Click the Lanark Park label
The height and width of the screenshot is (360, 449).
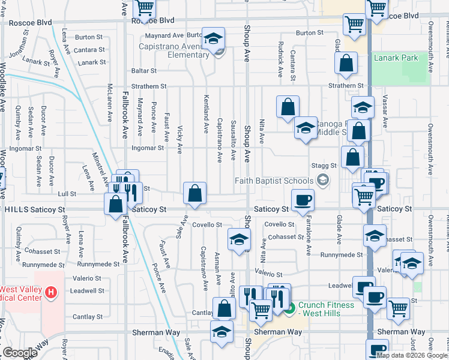point(395,58)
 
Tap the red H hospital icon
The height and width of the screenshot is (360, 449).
point(52,293)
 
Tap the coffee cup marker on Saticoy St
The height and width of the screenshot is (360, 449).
point(303,200)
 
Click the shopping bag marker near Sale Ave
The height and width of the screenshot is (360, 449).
point(194,194)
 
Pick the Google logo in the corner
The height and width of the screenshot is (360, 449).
point(20,353)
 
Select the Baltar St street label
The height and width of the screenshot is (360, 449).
point(144,71)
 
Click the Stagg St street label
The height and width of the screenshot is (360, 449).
point(324,165)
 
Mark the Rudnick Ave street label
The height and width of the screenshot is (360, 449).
point(280,60)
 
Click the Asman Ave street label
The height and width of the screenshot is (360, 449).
point(218,263)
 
